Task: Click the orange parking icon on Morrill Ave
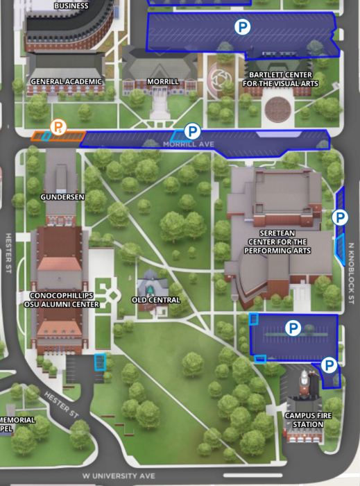[58, 126]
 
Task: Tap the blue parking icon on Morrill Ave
[192, 131]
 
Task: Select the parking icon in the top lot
[242, 27]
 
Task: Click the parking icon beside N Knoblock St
[339, 217]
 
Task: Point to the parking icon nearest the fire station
[329, 364]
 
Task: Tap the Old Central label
[156, 300]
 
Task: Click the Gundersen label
[62, 197]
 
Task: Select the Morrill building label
[163, 81]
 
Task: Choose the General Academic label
[67, 81]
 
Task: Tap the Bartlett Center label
[280, 79]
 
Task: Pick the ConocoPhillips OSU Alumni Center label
[62, 300]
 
